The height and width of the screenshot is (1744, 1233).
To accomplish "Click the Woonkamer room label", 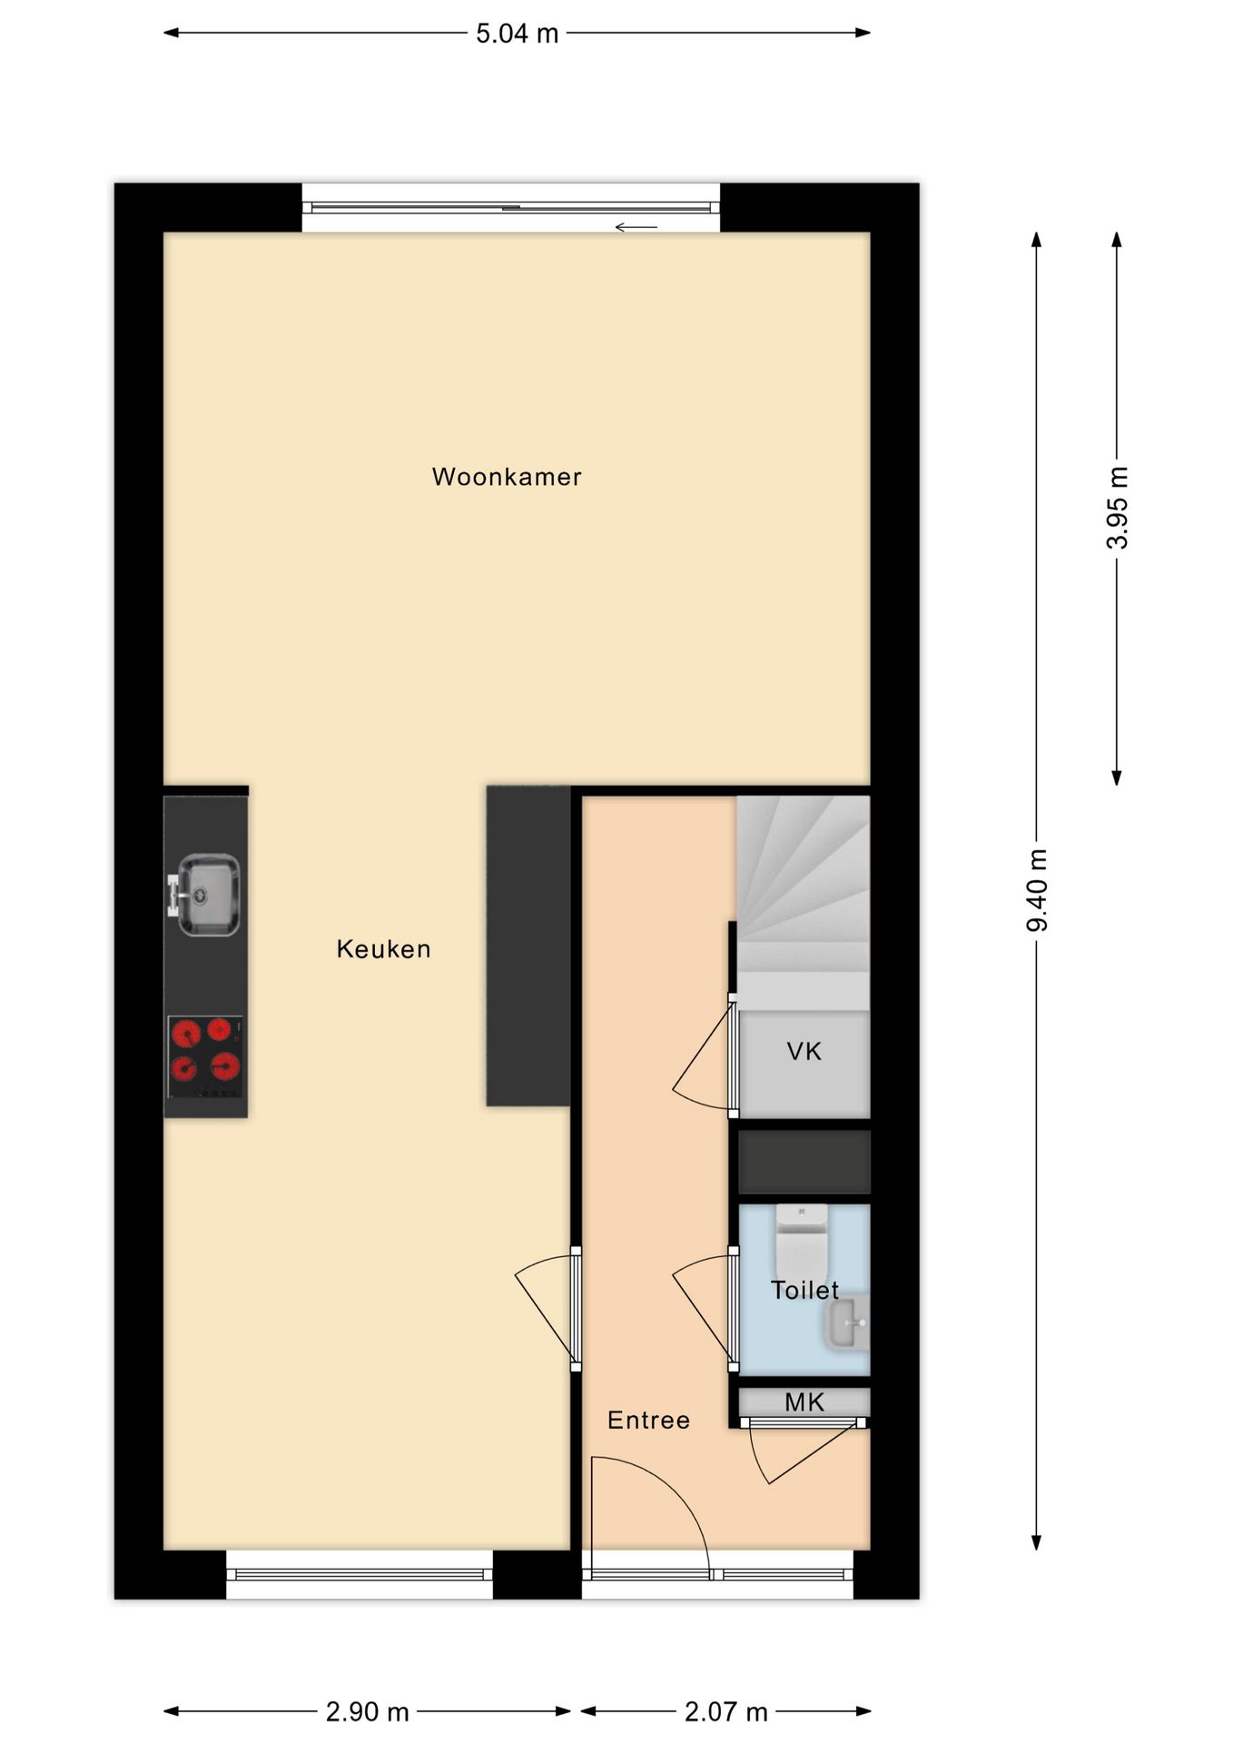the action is coord(507,477).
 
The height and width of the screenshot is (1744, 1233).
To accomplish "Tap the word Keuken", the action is coord(383,949).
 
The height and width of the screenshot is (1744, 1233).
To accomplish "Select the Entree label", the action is coord(648,1420).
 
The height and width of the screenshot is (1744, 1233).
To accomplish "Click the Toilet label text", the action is coord(804,1290).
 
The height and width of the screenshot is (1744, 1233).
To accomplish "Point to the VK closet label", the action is coord(804,1052).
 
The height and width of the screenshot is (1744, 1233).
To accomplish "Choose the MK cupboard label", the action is coord(804,1402).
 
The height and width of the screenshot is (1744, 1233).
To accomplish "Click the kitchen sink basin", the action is coord(208,895).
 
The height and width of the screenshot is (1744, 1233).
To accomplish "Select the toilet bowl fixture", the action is coord(802,1241).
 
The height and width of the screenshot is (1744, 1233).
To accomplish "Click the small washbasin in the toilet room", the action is coord(847,1323).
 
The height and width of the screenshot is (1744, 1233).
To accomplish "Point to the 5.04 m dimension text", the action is coord(518,34).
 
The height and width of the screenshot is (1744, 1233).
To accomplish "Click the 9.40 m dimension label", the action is coord(1037,890).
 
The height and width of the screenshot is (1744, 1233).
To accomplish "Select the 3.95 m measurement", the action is coord(1117,508).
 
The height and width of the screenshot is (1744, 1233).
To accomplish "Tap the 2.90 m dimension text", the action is coord(368,1712).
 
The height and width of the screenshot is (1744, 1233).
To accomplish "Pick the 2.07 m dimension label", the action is coord(726,1712).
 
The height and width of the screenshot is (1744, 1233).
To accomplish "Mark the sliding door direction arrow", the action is coord(636,227).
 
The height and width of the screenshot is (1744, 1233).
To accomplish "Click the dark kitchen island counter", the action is coord(528,946).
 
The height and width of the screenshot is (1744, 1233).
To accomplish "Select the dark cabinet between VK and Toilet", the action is coord(804,1162).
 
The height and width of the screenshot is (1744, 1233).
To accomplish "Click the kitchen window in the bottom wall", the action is coord(360,1574).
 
